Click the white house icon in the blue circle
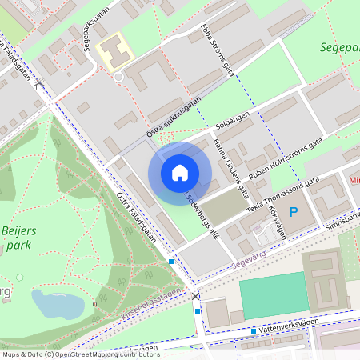(x=180, y=172)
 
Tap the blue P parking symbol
(x=294, y=212)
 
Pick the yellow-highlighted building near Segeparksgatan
(x=112, y=51)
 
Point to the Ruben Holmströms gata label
(x=284, y=157)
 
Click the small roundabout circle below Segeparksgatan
(x=118, y=77)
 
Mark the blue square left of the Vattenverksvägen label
(x=254, y=330)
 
